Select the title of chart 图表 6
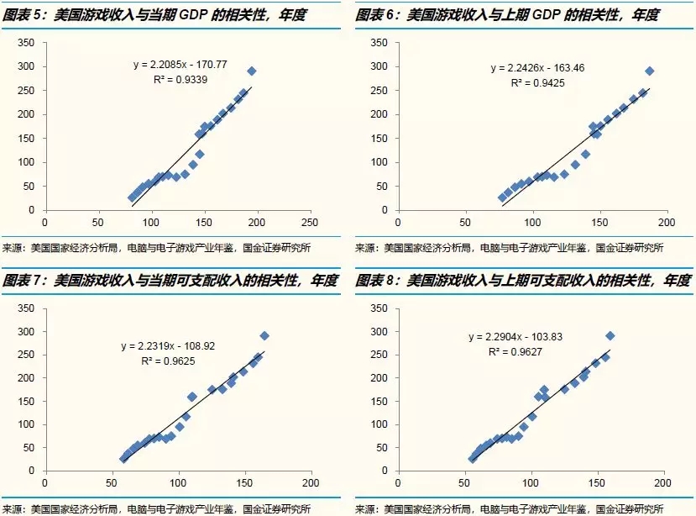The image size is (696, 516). [507, 15]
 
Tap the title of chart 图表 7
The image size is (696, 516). [171, 280]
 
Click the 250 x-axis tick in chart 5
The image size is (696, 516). [310, 223]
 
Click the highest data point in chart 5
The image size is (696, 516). [251, 71]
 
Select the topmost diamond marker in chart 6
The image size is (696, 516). [649, 71]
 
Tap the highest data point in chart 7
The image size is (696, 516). [264, 335]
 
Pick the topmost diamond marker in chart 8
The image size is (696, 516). [610, 336]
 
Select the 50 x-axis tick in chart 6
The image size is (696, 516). [464, 223]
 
